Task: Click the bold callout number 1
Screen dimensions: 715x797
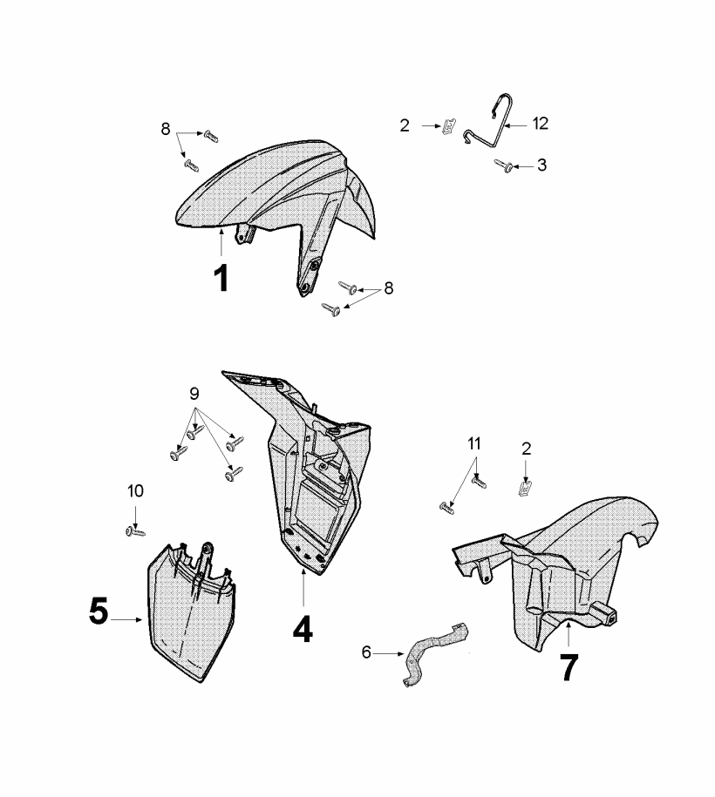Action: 221,279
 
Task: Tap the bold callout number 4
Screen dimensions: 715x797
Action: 303,629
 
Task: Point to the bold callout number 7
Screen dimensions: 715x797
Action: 569,668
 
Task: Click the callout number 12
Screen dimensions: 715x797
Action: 541,124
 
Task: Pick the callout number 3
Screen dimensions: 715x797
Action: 542,165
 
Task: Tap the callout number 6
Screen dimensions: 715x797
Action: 366,652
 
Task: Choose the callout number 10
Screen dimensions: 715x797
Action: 135,491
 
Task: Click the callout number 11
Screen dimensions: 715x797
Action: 474,443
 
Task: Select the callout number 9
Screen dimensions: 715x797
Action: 194,394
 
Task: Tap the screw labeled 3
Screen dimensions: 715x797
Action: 503,165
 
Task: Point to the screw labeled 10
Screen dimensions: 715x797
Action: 135,531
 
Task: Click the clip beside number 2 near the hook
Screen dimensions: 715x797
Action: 449,125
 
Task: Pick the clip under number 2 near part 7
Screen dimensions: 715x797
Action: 525,489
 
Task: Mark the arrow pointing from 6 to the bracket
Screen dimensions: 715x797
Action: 389,653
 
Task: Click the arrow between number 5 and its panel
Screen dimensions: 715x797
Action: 126,619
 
